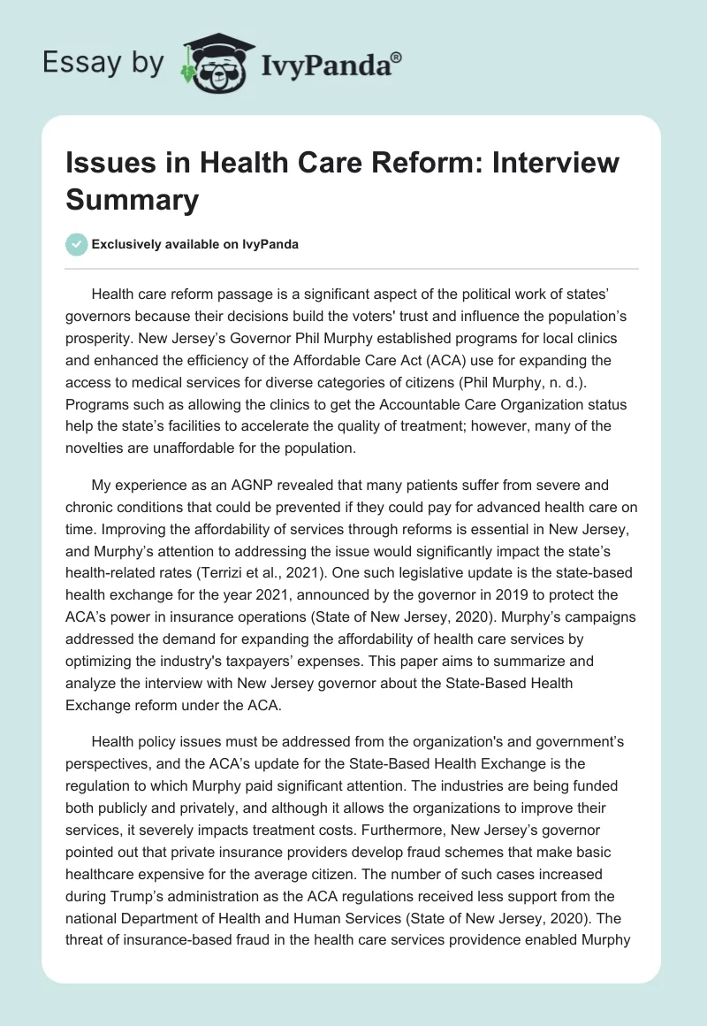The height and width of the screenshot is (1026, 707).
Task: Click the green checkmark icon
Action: click(x=77, y=244)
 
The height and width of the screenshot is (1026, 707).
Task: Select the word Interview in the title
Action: click(x=544, y=164)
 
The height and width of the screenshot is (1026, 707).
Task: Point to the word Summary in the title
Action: click(x=132, y=199)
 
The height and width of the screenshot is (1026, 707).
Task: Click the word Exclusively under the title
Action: click(x=127, y=245)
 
